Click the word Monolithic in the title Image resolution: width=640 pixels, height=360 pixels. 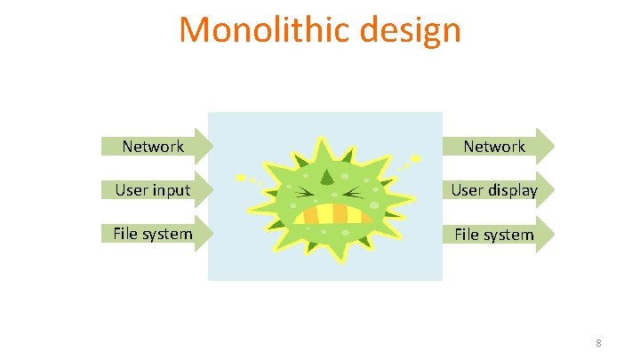(x=254, y=29)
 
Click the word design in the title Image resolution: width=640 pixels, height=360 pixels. (x=411, y=31)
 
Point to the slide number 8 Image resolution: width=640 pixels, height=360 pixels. (x=598, y=343)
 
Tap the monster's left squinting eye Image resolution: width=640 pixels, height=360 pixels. (x=302, y=192)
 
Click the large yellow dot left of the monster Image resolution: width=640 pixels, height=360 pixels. (x=239, y=174)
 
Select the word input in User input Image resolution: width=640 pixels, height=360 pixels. (x=172, y=190)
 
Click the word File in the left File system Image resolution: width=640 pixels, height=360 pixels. (x=125, y=234)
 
